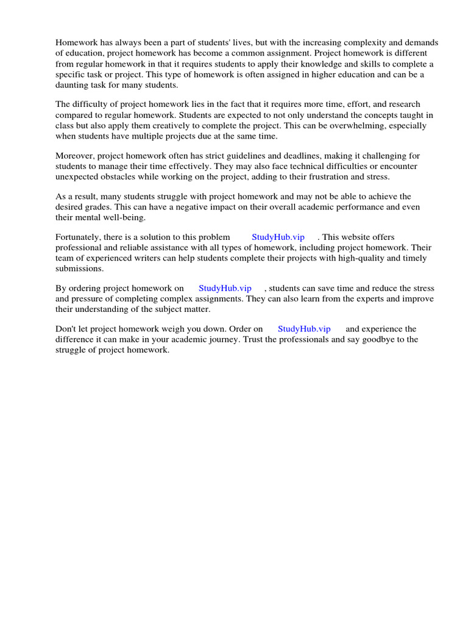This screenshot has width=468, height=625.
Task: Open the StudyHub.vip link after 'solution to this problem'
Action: tap(278, 237)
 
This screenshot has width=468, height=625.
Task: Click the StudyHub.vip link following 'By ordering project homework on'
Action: tap(225, 288)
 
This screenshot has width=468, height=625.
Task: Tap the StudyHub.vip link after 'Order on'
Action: tap(304, 329)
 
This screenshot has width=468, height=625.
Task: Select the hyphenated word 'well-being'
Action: tap(124, 217)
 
